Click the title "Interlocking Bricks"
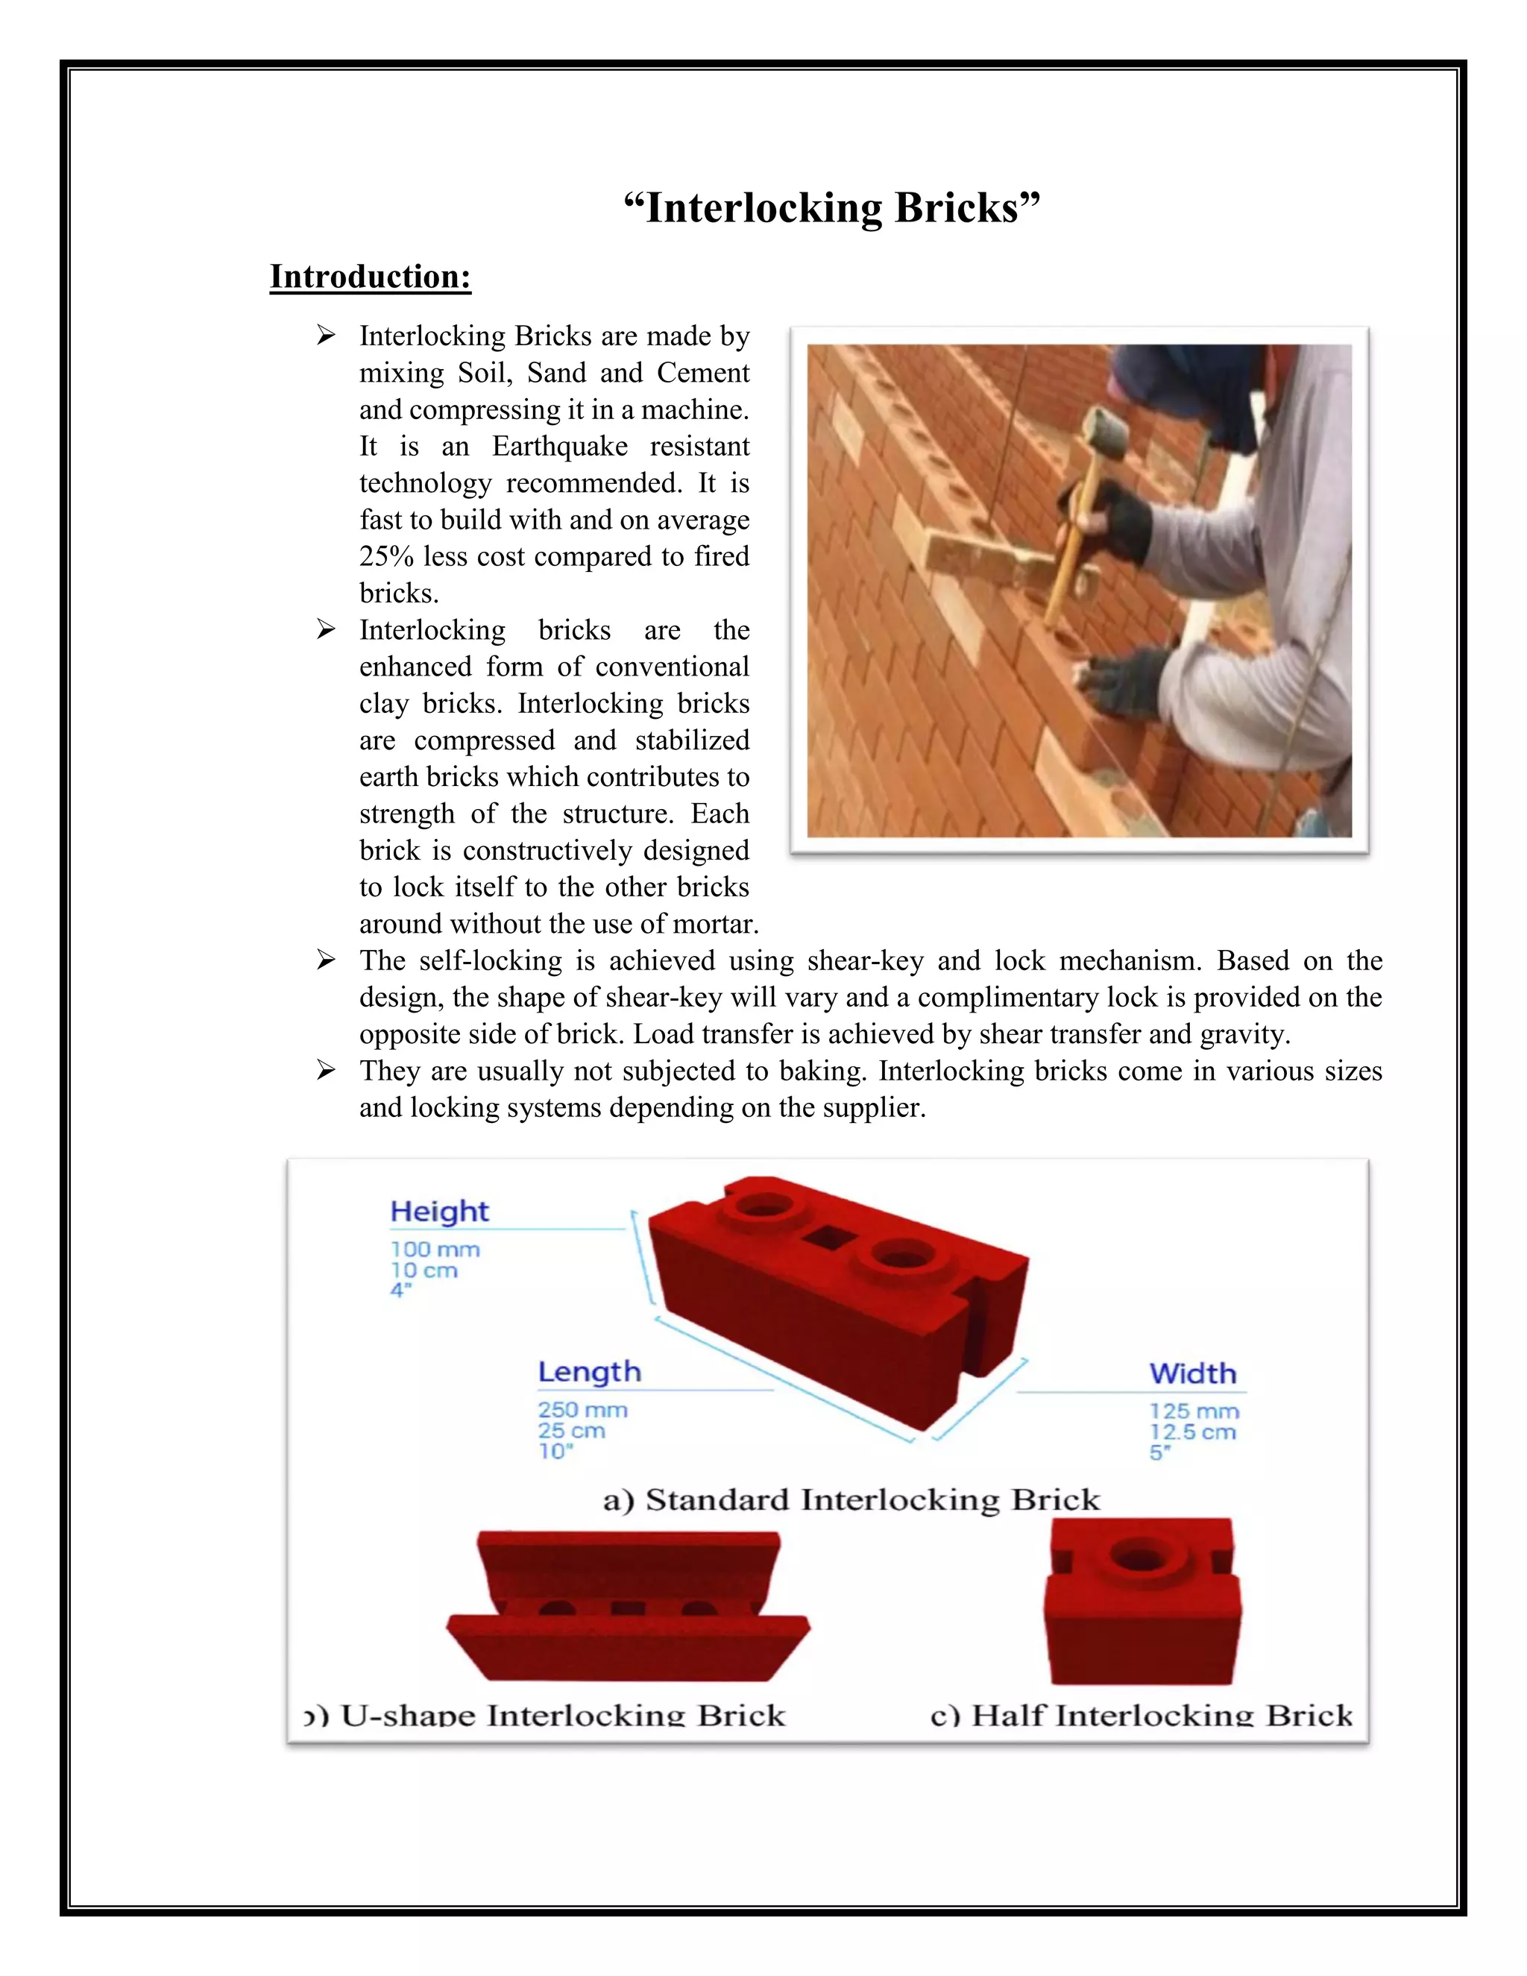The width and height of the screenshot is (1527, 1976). [x=831, y=208]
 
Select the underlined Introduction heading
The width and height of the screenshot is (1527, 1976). [x=370, y=276]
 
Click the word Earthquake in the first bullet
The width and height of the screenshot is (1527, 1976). [x=559, y=446]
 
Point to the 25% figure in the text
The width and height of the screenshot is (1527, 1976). [x=386, y=556]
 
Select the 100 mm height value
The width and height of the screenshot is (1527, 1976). [x=434, y=1250]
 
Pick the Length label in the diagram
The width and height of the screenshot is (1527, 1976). [x=589, y=1371]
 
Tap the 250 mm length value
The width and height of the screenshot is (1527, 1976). [x=582, y=1409]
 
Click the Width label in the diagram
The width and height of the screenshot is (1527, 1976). [x=1192, y=1374]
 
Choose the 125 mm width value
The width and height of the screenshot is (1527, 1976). [x=1193, y=1412]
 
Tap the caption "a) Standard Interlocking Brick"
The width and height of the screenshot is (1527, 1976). [x=850, y=1500]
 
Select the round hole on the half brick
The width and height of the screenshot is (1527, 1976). [x=1139, y=1558]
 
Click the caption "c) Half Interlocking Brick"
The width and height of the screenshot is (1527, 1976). [x=1141, y=1716]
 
